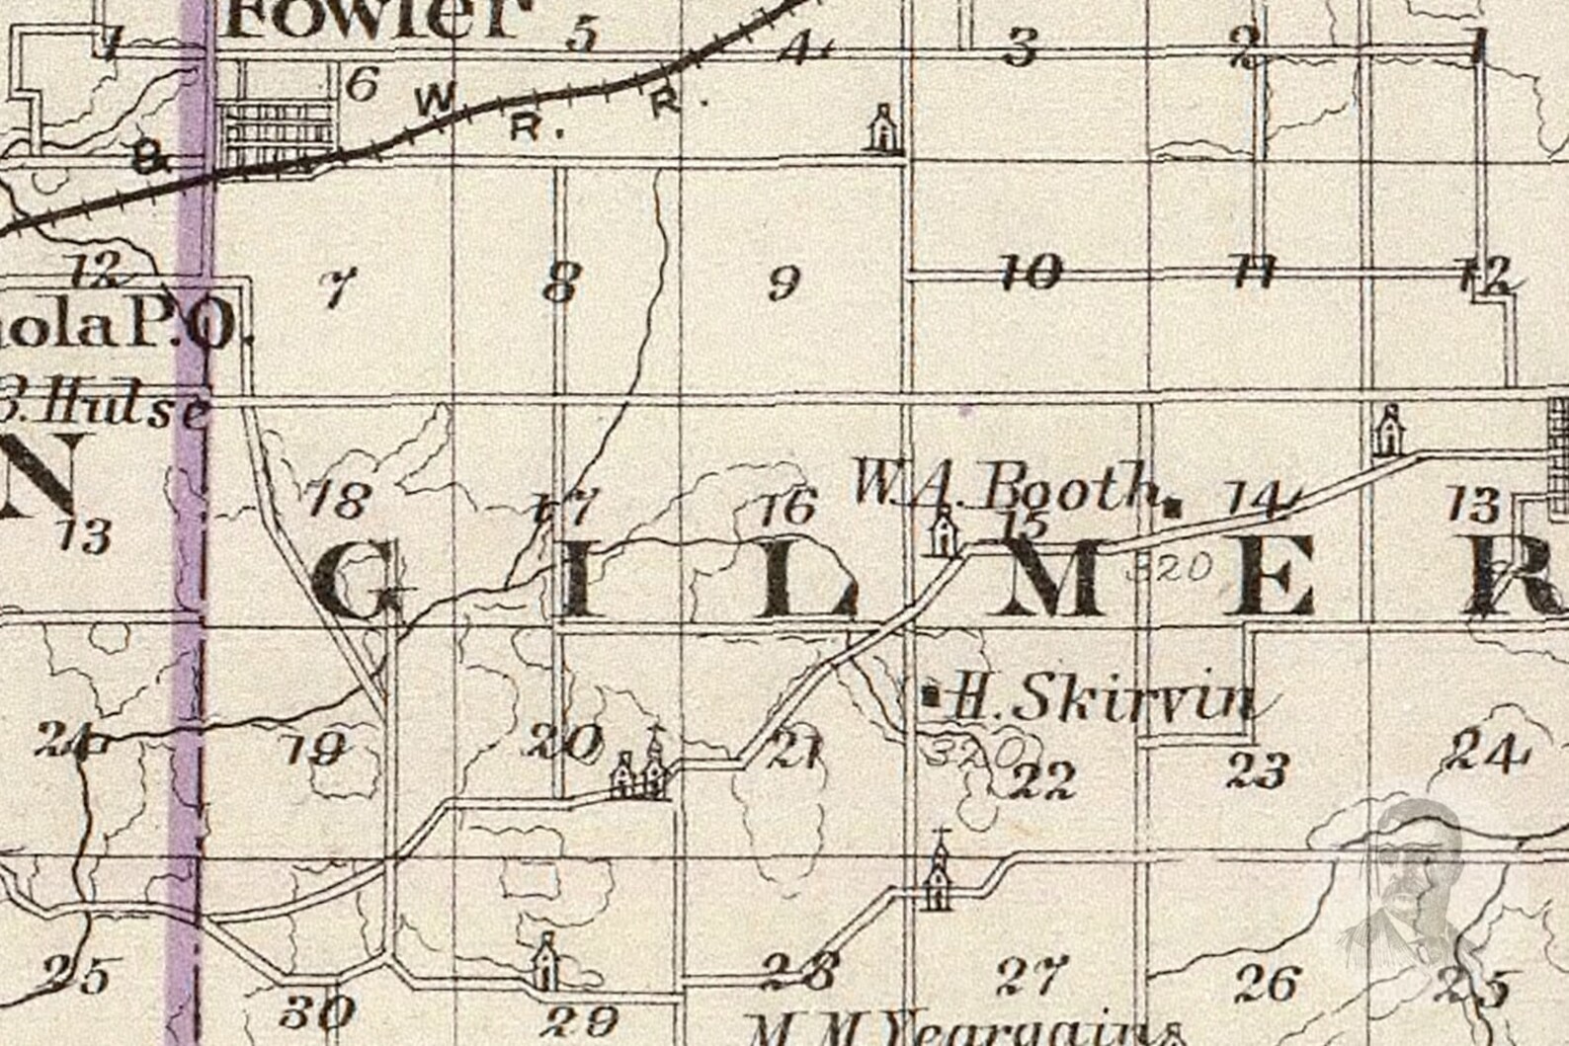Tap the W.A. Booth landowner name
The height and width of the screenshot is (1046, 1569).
click(x=1005, y=486)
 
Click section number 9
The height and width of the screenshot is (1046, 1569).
click(x=783, y=284)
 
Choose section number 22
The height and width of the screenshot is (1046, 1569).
click(x=1043, y=781)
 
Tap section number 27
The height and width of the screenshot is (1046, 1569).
click(x=1032, y=976)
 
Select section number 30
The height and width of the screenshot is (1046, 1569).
click(x=317, y=1010)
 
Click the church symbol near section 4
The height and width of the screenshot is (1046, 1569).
click(x=881, y=128)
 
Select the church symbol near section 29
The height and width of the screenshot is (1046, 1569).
click(x=545, y=960)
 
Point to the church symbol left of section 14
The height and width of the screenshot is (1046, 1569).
click(x=1389, y=430)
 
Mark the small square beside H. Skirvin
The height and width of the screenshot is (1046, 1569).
click(x=929, y=694)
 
